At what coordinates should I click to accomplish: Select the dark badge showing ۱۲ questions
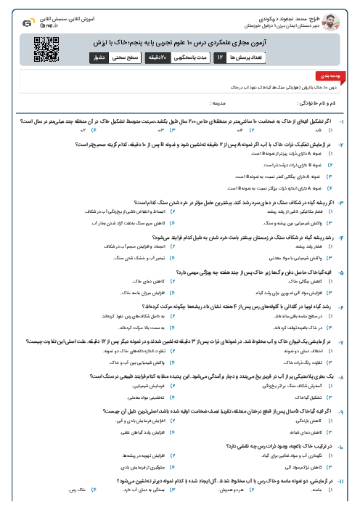tap(220, 56)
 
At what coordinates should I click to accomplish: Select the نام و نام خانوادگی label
tap(324, 104)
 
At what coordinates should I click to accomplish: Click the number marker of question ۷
tap(351, 341)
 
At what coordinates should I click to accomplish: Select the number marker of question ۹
tap(351, 410)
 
